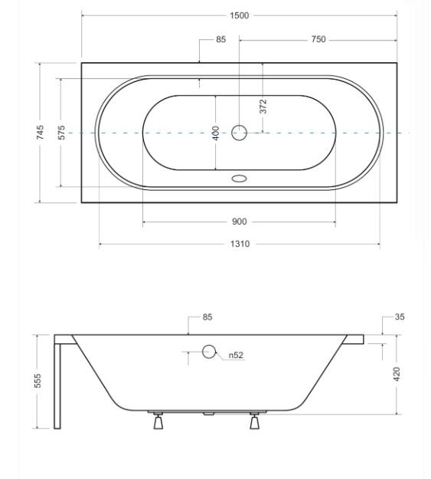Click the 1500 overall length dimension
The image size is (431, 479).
coord(240,15)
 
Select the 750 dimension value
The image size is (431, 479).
coord(318,39)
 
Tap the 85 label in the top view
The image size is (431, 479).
coord(220,39)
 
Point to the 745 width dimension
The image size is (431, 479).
coord(40,133)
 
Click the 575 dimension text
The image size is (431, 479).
coord(61,133)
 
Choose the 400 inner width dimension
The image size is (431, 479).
coord(216,133)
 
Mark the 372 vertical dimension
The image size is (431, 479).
coord(263,107)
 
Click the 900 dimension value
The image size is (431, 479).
coord(240,221)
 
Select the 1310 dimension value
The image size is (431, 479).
coord(240,244)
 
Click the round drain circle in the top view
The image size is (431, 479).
coord(239,133)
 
